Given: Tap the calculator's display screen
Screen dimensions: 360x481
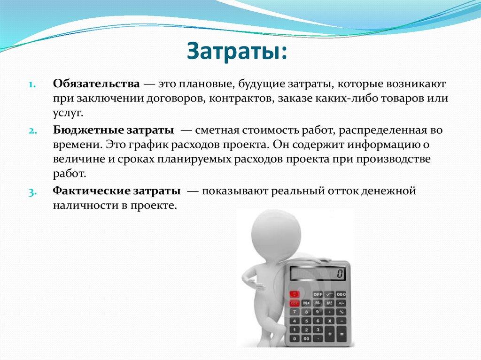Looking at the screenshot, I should coord(317,273).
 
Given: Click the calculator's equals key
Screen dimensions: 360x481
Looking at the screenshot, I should coord(341,334).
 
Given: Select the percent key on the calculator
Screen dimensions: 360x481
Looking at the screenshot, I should coord(341,311).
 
